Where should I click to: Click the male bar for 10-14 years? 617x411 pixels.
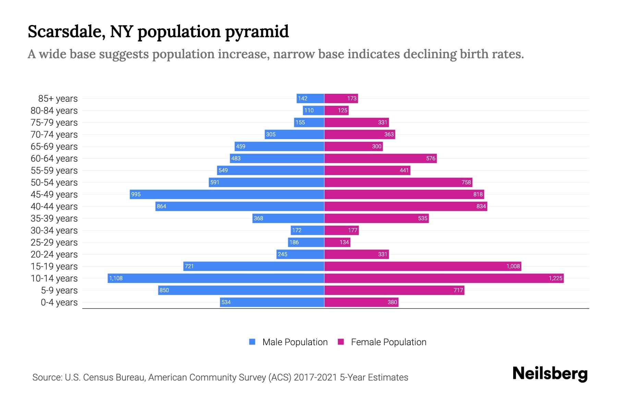216,278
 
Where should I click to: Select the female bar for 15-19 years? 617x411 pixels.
423,266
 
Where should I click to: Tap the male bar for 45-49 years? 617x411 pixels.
227,194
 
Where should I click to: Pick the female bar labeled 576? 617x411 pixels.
380,158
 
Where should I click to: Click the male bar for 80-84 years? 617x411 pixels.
314,110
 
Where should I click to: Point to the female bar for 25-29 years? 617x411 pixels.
337,242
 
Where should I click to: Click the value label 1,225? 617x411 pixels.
555,278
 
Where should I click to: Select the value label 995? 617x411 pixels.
136,194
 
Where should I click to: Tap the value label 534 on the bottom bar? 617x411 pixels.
226,302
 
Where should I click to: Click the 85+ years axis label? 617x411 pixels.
58,99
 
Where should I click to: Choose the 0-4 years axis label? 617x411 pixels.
59,302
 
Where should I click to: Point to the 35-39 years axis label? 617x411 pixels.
54,219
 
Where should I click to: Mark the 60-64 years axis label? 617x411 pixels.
54,159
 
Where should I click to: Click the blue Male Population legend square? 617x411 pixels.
252,342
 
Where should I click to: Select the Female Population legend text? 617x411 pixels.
388,342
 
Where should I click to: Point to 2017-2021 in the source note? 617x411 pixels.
315,377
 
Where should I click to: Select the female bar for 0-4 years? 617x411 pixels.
361,302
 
